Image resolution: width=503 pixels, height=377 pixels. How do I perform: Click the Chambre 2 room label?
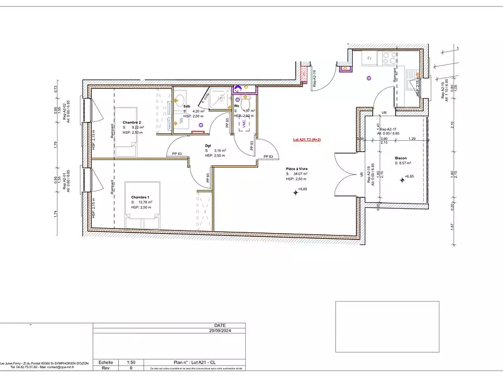pos(131,122)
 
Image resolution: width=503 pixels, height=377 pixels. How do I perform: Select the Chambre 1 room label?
pos(140,197)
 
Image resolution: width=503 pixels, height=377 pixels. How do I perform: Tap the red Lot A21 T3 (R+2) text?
pos(307,140)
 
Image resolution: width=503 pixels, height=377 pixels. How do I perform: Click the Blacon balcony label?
pos(401,158)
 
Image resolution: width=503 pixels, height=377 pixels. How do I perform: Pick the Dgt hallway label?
pos(207,146)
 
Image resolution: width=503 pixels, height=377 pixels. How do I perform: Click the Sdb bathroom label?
pos(187,106)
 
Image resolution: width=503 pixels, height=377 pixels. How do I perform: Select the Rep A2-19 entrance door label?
pos(316,79)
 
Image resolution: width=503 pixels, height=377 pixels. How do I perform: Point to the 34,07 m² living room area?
pos(301,173)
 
